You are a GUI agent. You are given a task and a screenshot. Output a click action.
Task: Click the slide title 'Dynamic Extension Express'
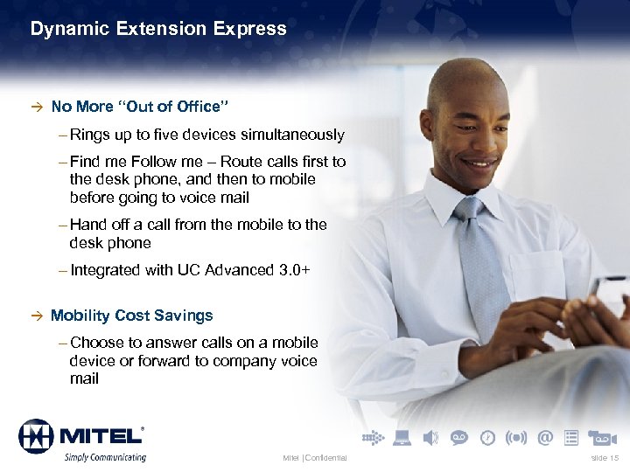[x=158, y=29]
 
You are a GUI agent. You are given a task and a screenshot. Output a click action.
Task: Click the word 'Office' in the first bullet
[x=198, y=107]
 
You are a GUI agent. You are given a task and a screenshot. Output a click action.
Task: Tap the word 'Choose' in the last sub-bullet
[x=96, y=343]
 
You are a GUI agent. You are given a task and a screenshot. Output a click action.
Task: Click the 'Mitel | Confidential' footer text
[x=314, y=458]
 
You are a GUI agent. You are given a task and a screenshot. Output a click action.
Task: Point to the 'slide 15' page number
[x=605, y=458]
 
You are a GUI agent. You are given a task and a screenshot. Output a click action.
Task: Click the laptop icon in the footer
[x=402, y=437]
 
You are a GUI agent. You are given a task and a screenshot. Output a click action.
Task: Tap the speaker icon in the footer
[x=430, y=437]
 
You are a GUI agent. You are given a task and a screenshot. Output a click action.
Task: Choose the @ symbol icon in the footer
[x=545, y=437]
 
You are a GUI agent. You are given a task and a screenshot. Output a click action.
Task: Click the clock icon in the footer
[x=487, y=437]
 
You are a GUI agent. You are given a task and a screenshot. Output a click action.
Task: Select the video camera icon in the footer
[x=602, y=437]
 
